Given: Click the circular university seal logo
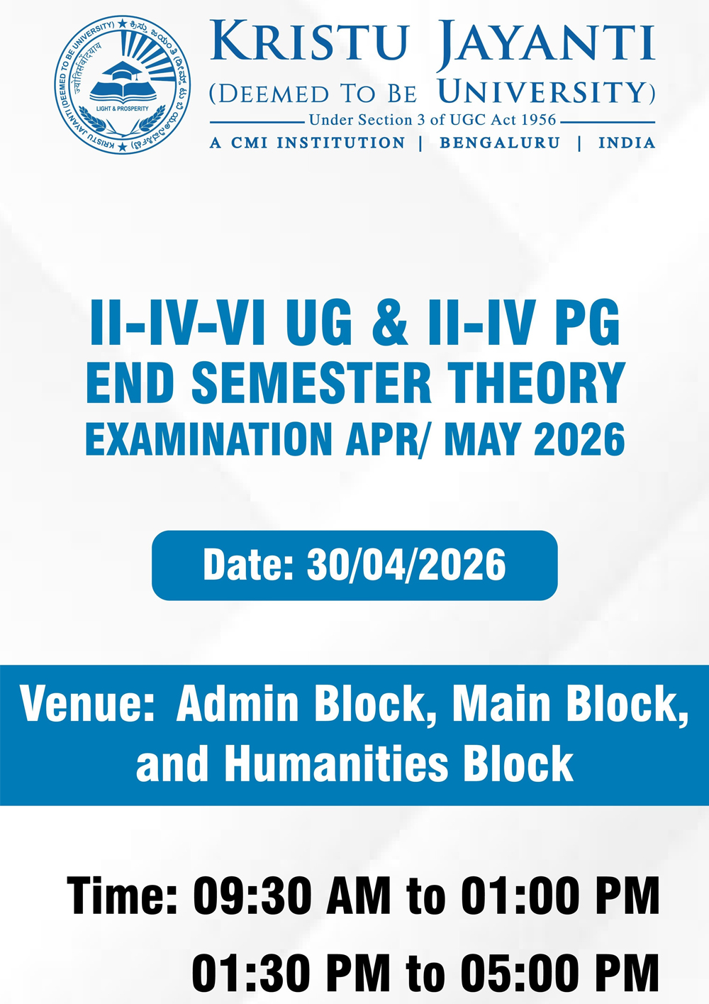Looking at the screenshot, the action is [123, 84].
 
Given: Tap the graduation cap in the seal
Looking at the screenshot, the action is [122, 71].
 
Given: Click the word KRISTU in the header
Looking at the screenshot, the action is [310, 40].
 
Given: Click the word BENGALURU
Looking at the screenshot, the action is [500, 143].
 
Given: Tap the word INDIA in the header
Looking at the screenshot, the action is [627, 143].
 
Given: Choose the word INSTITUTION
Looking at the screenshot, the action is [341, 143].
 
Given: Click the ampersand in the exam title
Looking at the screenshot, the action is [390, 323].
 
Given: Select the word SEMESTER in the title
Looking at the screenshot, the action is [312, 383].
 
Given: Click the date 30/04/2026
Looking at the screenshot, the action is [406, 566].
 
